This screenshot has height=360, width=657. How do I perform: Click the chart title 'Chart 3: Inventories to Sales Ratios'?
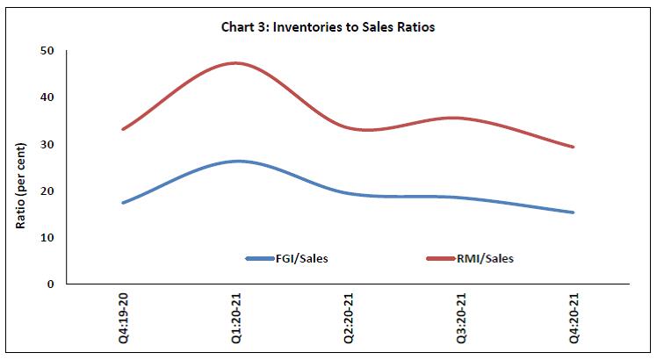(328, 27)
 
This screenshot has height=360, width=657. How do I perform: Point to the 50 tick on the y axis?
(47, 51)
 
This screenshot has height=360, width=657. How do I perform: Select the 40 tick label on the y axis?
(47, 97)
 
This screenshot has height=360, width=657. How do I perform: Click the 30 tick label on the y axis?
(47, 144)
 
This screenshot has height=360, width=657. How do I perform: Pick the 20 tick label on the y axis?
(47, 191)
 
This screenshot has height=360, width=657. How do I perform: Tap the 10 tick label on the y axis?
(47, 238)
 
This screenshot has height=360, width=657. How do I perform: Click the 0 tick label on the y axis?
(50, 284)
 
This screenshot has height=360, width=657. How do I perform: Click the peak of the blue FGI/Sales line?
(237, 161)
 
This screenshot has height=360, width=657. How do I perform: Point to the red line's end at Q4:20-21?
(574, 147)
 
